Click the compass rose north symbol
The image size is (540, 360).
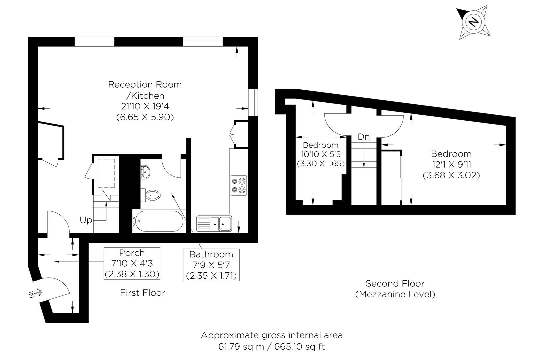pos(473,22)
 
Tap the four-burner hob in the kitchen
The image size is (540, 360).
pos(239,185)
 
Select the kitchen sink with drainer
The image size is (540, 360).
pos(214,223)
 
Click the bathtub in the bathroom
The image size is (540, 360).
pos(159,221)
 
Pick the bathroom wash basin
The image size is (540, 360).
pos(145,172)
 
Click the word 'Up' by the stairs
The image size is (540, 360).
pos(86,220)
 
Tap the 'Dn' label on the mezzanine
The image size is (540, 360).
pos(364,137)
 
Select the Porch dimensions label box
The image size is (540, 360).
pos(132,263)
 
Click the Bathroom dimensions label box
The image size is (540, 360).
pos(211,265)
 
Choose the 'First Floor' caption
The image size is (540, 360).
pos(143,293)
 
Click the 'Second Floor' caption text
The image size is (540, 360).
pos(395,283)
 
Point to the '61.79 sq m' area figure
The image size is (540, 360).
pos(241,347)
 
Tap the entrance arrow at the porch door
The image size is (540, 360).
pos(35,293)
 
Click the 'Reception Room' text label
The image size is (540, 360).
pos(145,84)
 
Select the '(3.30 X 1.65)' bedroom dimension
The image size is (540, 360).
pos(321,163)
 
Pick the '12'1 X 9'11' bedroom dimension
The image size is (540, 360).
pos(452,164)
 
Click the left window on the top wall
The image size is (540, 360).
pos(94,41)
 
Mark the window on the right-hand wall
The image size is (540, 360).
pos(253,102)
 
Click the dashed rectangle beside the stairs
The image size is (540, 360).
pos(106,173)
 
